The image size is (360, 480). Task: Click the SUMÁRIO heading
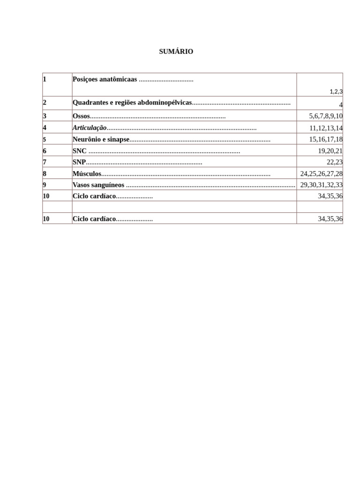point(176,52)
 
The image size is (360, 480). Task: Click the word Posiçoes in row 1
point(85,79)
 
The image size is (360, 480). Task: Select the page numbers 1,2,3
point(336,92)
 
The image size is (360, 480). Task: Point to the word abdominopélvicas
point(165,103)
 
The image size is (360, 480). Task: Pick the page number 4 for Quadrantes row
point(341,105)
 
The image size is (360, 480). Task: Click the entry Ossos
point(81,116)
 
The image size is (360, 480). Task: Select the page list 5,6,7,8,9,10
point(326,116)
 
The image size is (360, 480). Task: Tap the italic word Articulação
point(90,127)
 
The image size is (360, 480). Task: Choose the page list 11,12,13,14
point(326,128)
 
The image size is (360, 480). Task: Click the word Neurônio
point(87,139)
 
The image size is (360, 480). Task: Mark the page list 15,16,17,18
point(326,139)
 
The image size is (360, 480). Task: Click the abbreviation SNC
point(80,151)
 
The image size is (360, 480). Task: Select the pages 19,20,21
point(330,151)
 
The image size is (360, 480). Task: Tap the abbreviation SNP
point(79,162)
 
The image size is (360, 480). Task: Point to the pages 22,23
point(334,162)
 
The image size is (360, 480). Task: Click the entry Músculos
point(87,173)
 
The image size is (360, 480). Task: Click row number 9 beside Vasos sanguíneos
point(45,185)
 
